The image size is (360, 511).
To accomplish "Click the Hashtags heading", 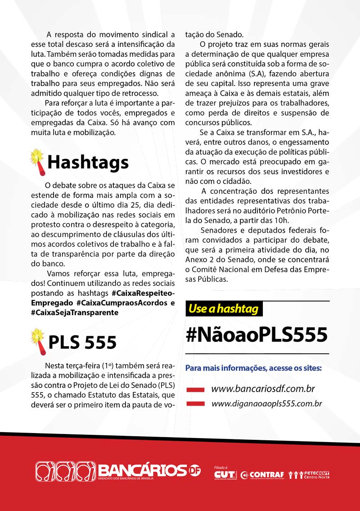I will point(88,162).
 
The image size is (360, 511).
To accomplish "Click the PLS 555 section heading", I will point(82,343).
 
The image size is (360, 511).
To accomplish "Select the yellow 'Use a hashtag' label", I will point(223,308).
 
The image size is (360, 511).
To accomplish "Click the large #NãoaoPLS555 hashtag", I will point(257,334).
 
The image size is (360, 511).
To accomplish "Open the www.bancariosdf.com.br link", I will point(262,389).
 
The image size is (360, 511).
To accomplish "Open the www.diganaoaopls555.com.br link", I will point(266,403).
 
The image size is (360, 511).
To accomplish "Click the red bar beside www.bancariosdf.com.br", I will point(196,389).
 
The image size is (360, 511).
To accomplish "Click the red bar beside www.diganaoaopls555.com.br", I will point(196,404).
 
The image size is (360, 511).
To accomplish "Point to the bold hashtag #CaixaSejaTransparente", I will point(75,312).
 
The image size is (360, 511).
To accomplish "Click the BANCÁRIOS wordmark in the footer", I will point(142,470).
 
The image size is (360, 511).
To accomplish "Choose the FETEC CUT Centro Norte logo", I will point(310,474).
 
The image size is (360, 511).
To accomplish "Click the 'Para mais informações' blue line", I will point(253,368).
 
